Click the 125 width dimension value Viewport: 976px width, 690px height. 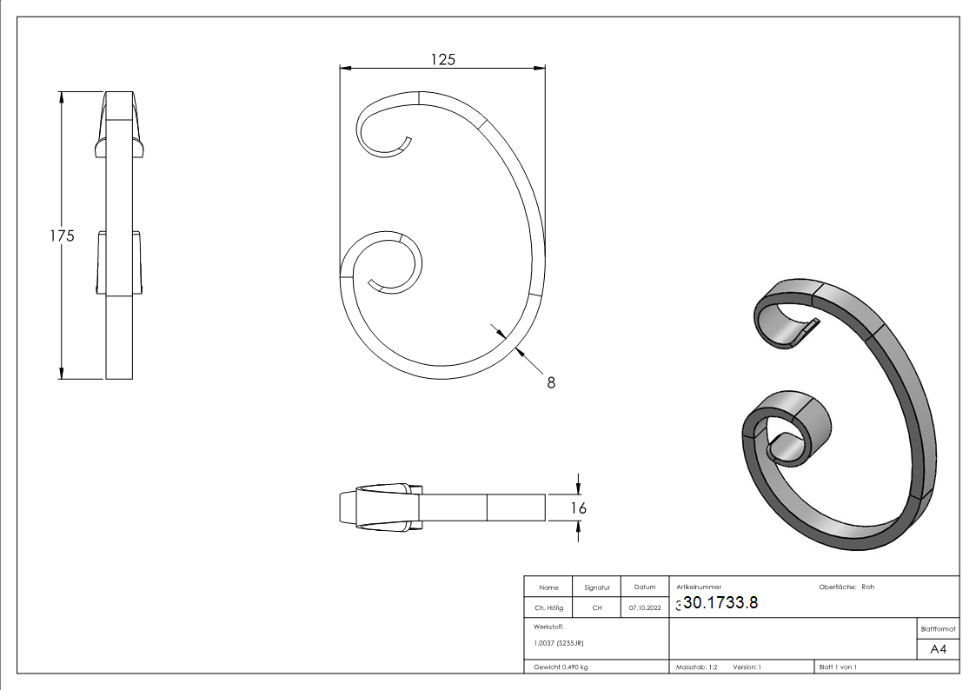tap(442, 58)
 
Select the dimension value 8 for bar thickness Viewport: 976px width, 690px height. tap(551, 381)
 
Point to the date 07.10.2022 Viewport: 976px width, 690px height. tap(645, 607)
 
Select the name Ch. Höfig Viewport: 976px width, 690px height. tap(548, 607)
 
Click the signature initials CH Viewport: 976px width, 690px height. tap(597, 607)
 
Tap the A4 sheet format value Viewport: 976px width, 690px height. tap(939, 649)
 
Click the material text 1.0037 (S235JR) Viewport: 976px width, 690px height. tap(558, 642)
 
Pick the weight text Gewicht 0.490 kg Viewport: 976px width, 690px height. tap(561, 667)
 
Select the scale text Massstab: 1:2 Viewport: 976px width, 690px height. tap(697, 667)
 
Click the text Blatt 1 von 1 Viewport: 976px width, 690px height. tap(838, 667)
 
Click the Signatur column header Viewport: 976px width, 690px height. tap(597, 587)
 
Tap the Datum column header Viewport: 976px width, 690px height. tap(645, 587)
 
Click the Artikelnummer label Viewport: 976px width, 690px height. tap(698, 587)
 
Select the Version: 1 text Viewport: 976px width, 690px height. tap(747, 667)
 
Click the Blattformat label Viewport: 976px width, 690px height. tap(938, 627)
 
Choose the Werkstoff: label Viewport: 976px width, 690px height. tap(549, 626)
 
